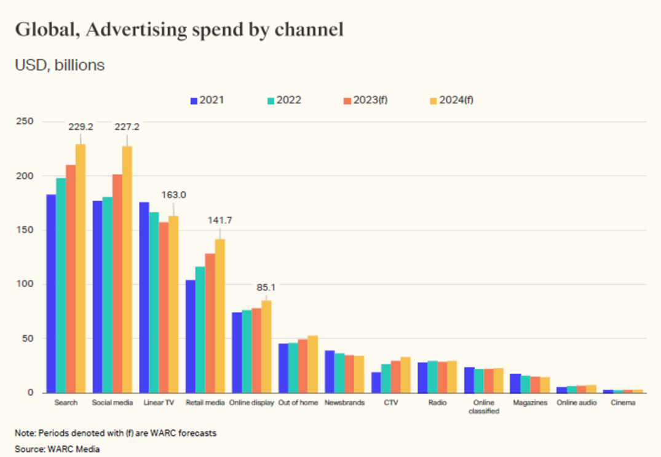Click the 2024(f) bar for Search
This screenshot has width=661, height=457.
pos(81,268)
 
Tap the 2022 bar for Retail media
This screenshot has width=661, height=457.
pos(200,329)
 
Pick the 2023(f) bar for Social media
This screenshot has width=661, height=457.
pos(117,283)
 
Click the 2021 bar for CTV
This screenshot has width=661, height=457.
pos(376,382)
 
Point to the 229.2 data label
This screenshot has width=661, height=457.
pos(81,127)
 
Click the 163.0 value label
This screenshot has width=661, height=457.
pos(173,195)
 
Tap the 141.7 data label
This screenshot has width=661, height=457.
pos(220,220)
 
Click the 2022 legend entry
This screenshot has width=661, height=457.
pos(283,100)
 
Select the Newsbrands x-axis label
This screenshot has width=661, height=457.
pos(344,403)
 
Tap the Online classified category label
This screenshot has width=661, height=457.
pos(483,407)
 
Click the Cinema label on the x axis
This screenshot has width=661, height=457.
pos(623,403)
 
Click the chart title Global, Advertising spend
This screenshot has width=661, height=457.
pos(179,30)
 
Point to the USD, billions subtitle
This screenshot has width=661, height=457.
pos(60,65)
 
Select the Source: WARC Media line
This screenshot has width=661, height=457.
pos(57,450)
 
